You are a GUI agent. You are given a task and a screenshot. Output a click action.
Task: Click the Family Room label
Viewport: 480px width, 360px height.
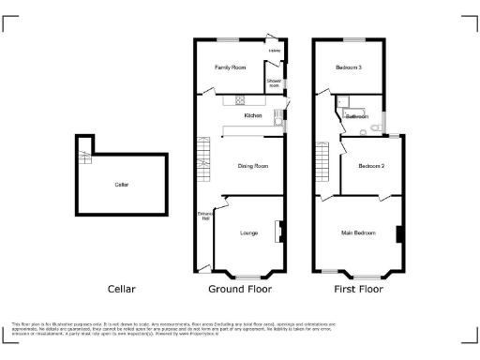click(x=230, y=68)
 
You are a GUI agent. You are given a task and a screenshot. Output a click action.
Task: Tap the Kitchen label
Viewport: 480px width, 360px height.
click(x=252, y=115)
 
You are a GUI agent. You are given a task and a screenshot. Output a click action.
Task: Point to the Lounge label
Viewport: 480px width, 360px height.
click(x=248, y=232)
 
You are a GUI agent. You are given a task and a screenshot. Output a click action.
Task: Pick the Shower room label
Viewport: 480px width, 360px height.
click(x=274, y=82)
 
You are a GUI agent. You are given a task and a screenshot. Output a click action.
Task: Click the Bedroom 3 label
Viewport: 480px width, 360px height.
click(x=349, y=67)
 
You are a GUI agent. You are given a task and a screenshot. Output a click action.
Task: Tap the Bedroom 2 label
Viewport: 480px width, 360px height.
click(x=371, y=166)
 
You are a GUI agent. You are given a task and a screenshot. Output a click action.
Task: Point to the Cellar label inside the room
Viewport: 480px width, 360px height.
click(x=121, y=185)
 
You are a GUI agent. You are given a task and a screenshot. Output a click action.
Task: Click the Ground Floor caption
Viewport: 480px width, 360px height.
click(x=233, y=289)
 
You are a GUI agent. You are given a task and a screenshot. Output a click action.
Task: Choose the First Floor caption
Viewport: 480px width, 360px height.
click(x=355, y=289)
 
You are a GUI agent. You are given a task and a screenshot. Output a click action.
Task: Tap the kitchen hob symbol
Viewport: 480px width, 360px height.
click(x=240, y=100)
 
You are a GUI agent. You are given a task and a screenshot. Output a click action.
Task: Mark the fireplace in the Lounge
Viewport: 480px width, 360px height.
click(x=278, y=231)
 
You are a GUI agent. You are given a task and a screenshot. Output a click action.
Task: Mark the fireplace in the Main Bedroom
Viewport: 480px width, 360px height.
click(x=398, y=232)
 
